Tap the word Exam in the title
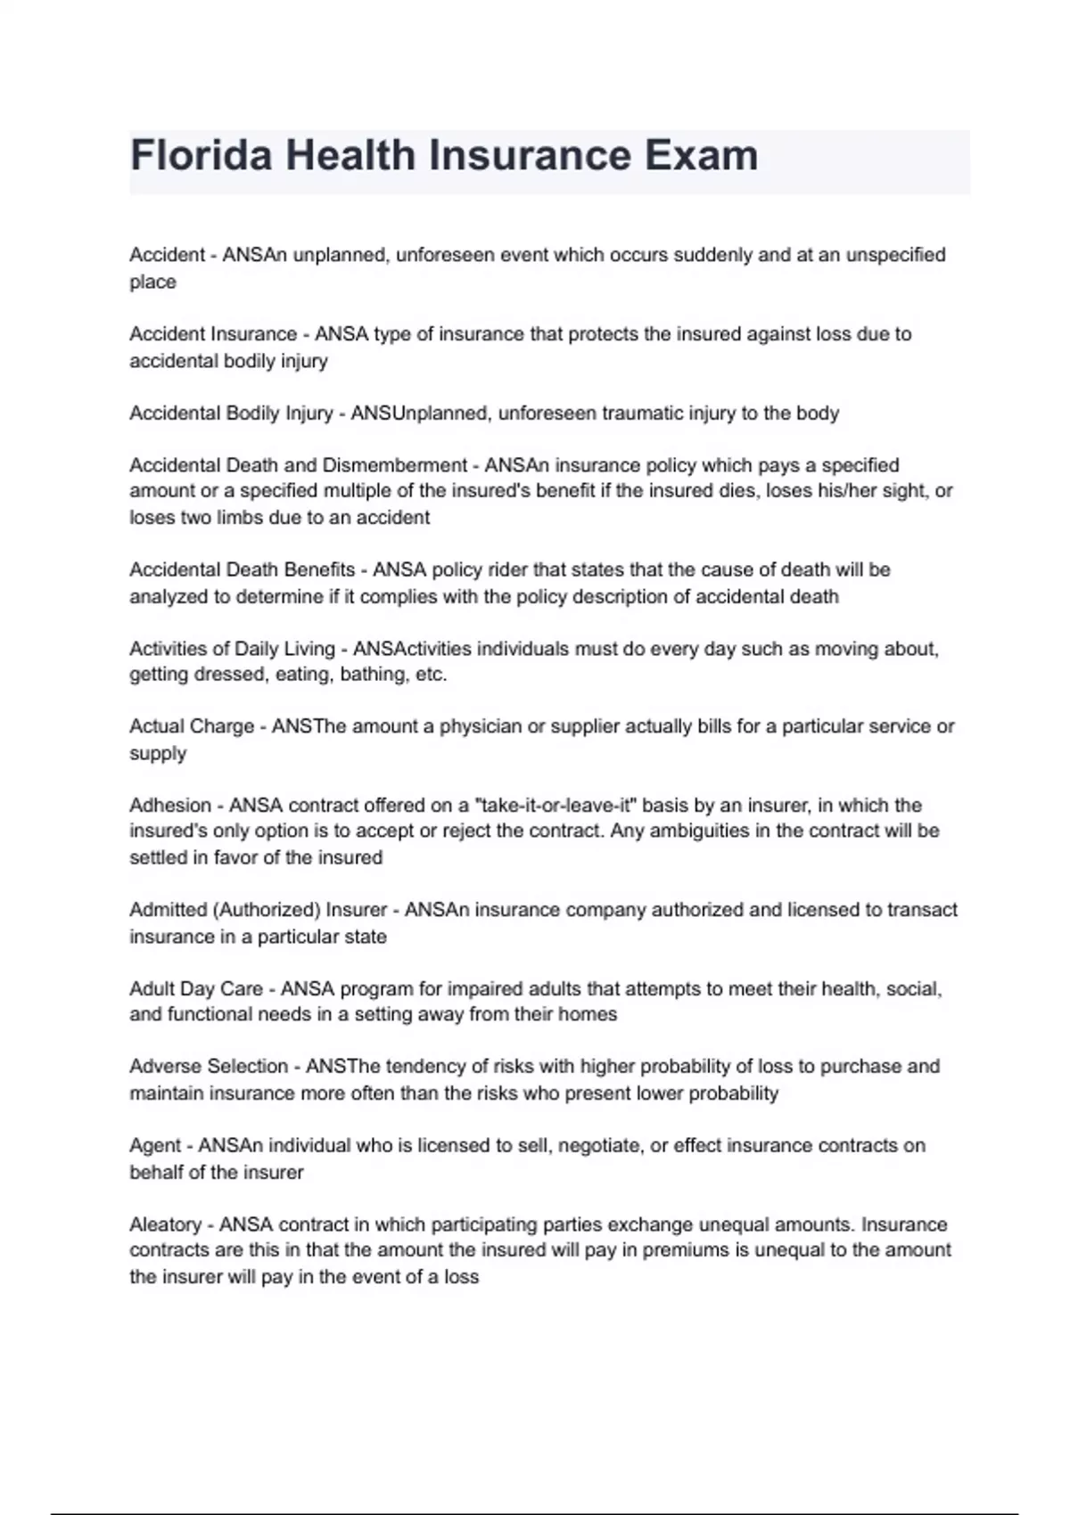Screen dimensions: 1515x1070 (x=700, y=155)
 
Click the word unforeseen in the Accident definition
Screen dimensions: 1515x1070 (x=444, y=255)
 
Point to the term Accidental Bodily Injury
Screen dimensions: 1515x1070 (x=231, y=414)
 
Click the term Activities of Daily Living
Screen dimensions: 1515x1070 (x=232, y=649)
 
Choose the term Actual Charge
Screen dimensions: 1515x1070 (x=192, y=727)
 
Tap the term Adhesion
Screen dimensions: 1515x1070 (x=170, y=806)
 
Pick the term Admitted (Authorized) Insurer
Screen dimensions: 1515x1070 (x=259, y=910)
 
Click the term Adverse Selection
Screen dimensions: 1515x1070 (x=209, y=1067)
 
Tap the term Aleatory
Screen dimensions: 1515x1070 (x=166, y=1224)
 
